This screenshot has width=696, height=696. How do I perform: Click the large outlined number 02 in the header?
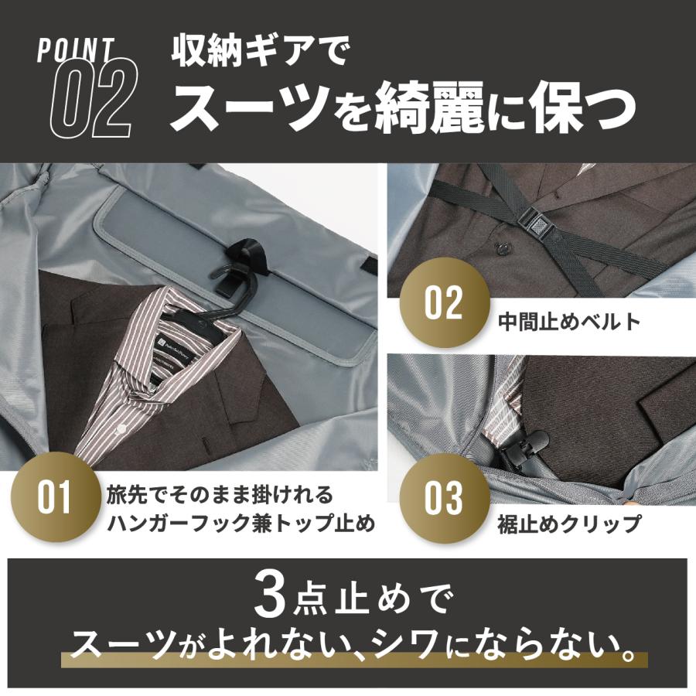[x=91, y=99]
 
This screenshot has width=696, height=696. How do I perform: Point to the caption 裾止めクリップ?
[x=569, y=524]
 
